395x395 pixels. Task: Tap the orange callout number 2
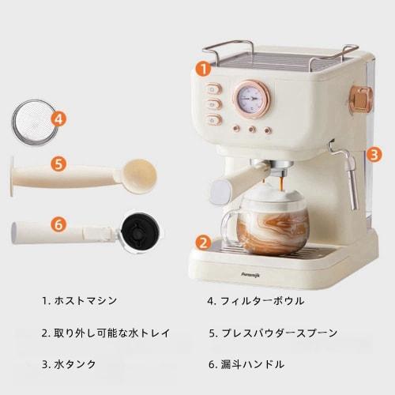[203, 243]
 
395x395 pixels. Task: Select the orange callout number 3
[374, 154]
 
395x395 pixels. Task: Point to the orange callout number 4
[58, 120]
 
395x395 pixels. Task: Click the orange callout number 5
[58, 165]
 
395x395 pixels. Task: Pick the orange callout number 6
[58, 224]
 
